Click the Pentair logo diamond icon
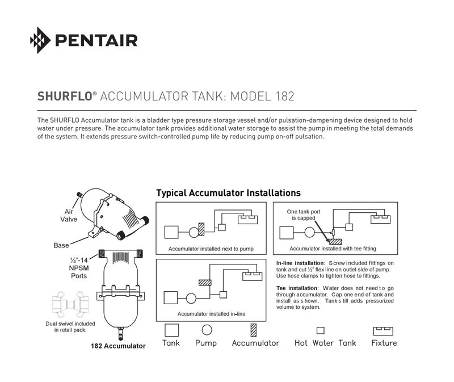coord(40,40)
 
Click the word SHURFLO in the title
coord(65,96)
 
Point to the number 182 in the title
coord(285,96)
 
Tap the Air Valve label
coord(69,216)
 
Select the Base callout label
coord(61,245)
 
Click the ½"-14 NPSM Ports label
coord(79,268)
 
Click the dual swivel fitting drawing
coord(70,304)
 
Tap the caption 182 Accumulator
coord(118,346)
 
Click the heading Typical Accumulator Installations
coord(229,193)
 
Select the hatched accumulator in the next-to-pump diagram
coord(201,229)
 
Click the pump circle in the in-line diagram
coord(191,298)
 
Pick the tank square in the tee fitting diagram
coord(287,233)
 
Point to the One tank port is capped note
coord(304,215)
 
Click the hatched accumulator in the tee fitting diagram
coord(335,242)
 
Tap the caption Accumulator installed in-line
coord(211,314)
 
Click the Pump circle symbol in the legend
coord(207,330)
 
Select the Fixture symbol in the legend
coord(383,331)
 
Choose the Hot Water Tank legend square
coord(320,330)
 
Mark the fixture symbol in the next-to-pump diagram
coord(247,220)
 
